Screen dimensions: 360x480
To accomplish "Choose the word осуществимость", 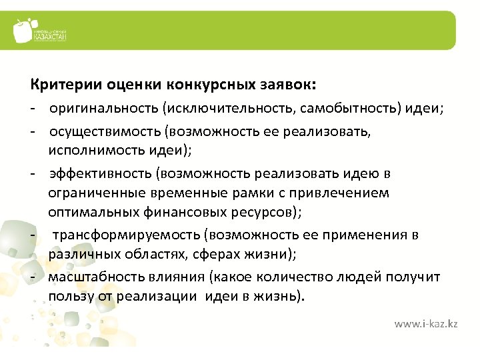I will pos(96,131).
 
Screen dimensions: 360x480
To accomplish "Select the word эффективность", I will pos(100,173).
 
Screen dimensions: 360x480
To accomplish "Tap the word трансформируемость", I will pos(126,235).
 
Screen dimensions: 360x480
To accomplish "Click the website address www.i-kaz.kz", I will pos(426,324).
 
